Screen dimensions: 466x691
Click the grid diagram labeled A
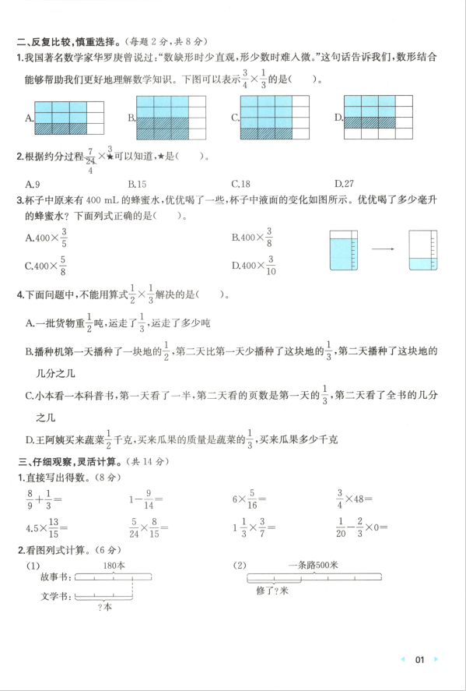(x=69, y=118)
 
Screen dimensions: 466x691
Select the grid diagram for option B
(x=171, y=117)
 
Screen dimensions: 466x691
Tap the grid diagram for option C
(x=275, y=117)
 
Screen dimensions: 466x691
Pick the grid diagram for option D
(x=378, y=117)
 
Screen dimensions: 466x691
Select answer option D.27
(x=344, y=184)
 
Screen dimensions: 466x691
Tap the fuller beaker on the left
(x=342, y=249)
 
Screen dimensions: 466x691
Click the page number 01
(x=419, y=660)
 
